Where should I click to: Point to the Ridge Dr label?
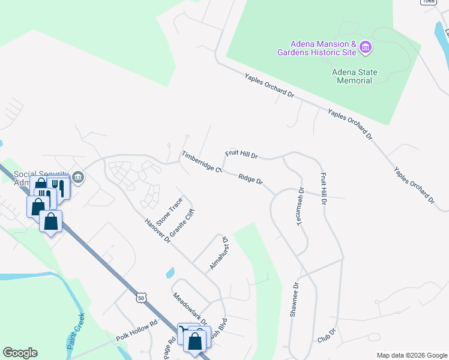click(250, 178)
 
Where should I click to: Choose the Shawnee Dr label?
click(294, 301)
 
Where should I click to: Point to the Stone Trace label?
click(169, 212)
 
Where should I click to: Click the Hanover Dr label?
click(158, 231)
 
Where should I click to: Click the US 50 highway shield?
click(140, 297)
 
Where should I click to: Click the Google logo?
click(20, 353)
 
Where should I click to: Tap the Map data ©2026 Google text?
click(411, 355)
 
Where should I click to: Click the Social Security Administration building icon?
click(78, 177)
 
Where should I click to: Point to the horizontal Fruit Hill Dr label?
click(241, 154)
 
